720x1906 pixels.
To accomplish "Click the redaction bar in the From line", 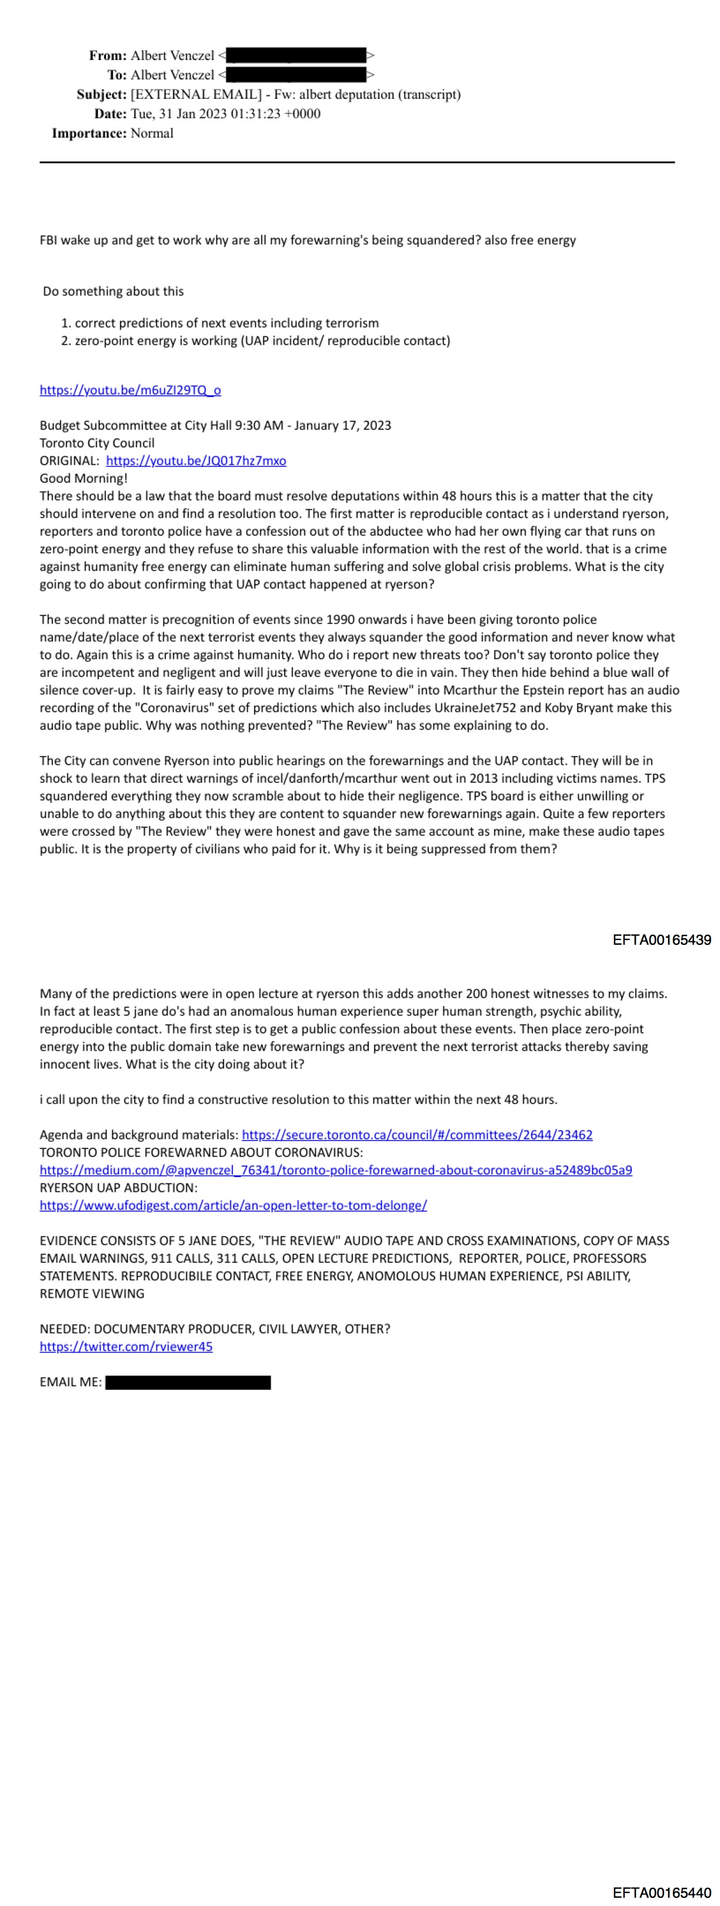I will (296, 55).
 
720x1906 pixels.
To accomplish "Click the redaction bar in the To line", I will (296, 75).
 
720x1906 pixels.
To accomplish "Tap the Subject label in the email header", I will (101, 95).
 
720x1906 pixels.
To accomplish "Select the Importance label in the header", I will (89, 133).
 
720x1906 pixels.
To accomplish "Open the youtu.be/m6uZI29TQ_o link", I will (130, 390).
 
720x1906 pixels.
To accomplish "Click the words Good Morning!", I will (84, 478).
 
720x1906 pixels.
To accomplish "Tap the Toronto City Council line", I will (97, 443).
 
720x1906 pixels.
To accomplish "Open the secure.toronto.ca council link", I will (416, 1134).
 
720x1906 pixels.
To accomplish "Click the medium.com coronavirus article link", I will (336, 1170).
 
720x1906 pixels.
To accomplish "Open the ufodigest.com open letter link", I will (233, 1205).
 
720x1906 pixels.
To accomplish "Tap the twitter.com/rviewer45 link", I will (126, 1347).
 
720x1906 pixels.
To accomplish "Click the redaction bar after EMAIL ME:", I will (188, 1382).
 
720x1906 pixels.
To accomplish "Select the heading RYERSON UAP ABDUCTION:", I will (118, 1188).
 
